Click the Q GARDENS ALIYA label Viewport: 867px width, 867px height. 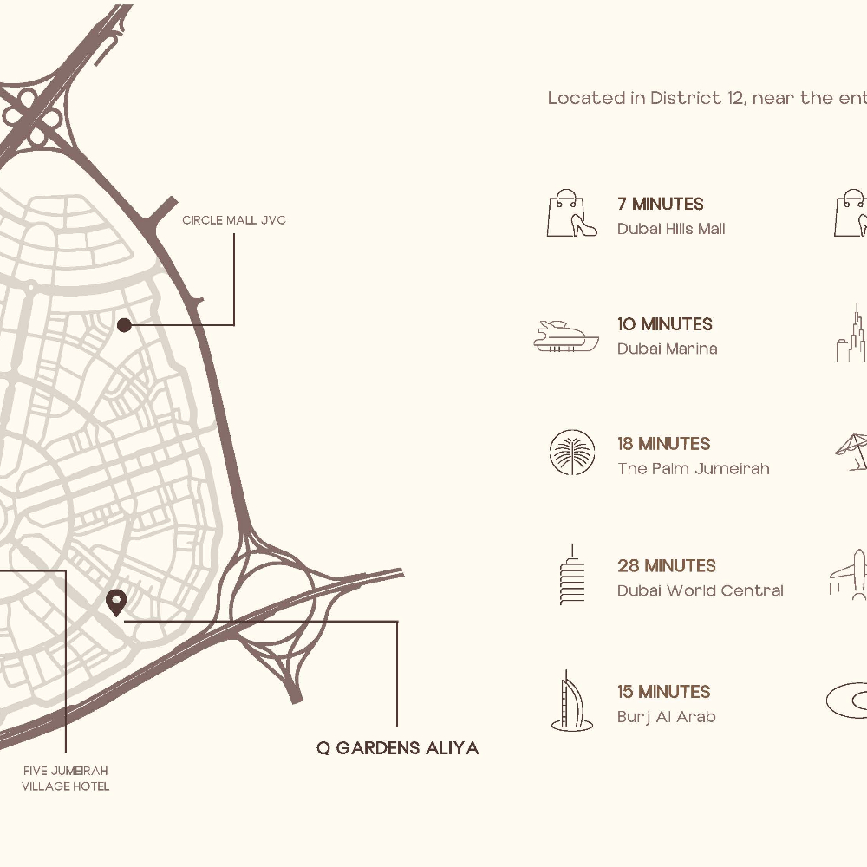pos(397,748)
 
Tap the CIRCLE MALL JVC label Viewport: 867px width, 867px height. pos(233,220)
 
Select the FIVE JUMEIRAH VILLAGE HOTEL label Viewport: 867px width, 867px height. pos(66,779)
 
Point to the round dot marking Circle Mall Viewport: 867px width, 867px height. pos(124,325)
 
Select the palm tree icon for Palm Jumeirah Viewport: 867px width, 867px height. pos(572,453)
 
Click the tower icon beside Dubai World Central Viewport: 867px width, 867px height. pos(572,575)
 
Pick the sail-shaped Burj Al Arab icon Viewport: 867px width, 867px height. pos(571,701)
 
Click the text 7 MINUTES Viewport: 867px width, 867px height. pos(660,205)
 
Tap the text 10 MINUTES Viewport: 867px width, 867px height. pos(664,324)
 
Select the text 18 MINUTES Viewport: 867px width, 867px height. pos(663,444)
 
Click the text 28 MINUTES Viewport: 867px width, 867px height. pos(666,566)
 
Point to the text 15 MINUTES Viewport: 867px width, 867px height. pos(663,692)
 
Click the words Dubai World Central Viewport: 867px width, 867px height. pos(700,591)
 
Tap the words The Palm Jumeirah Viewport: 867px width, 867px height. pos(693,469)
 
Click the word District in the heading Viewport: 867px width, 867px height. pos(685,98)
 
